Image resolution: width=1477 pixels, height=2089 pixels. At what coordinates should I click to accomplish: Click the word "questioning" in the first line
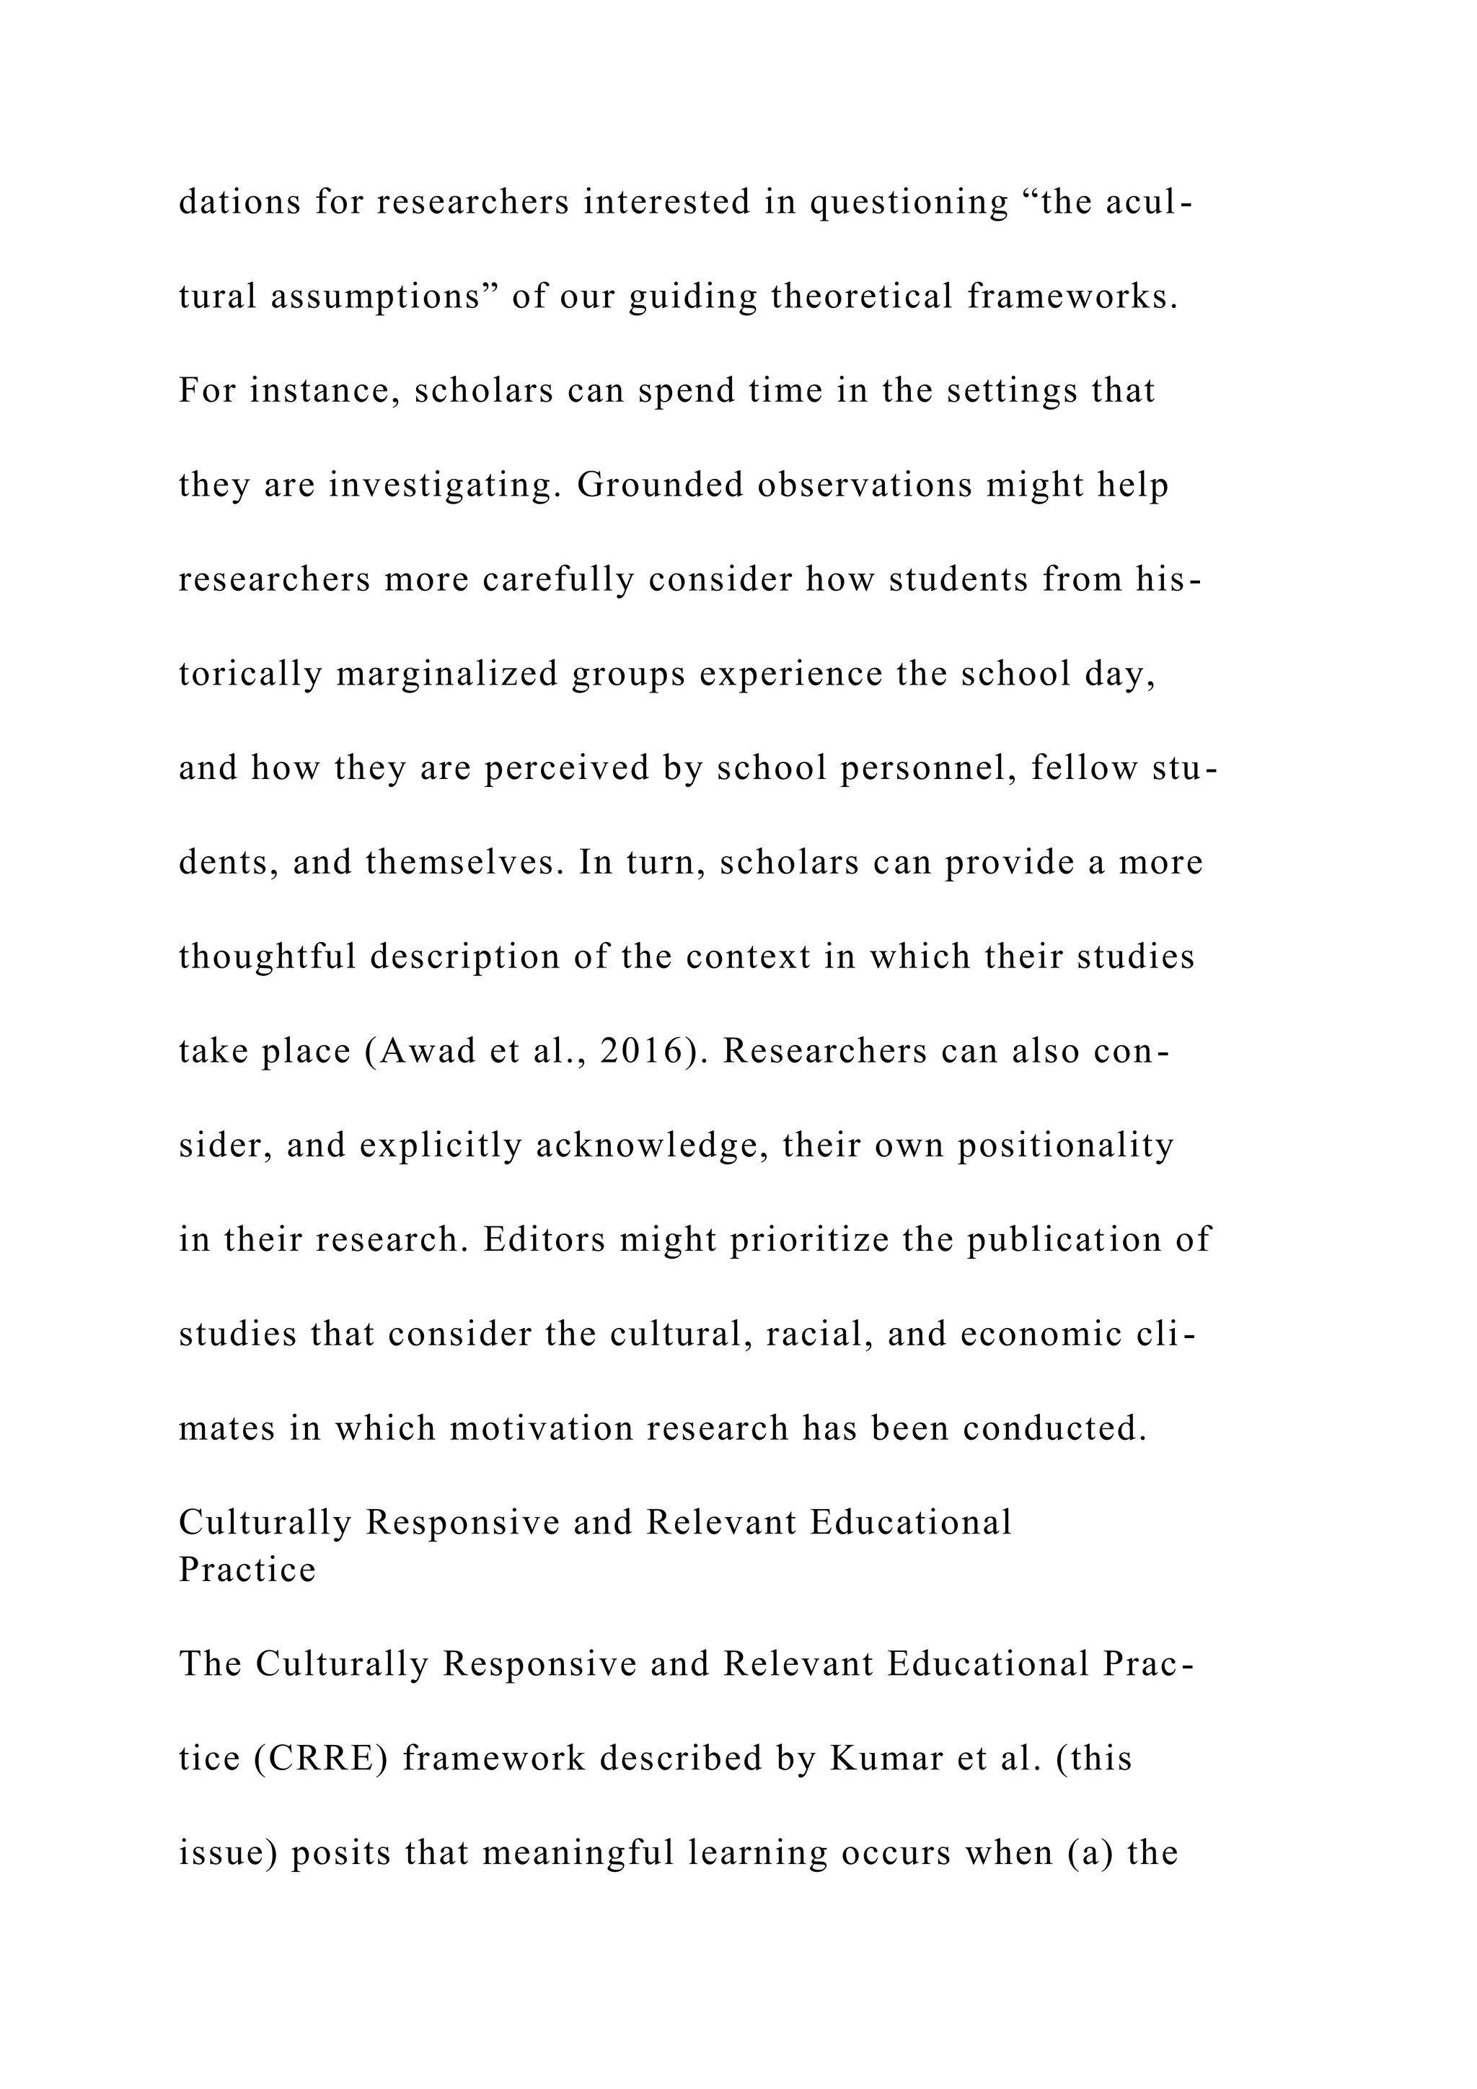click(909, 202)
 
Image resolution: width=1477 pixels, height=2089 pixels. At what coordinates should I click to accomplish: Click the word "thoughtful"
click(268, 956)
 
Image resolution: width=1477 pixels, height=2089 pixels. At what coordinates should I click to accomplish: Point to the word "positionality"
click(1066, 1145)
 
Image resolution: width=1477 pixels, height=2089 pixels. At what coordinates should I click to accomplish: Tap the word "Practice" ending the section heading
click(247, 1569)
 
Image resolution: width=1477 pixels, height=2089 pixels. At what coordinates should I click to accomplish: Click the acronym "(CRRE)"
click(321, 1758)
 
